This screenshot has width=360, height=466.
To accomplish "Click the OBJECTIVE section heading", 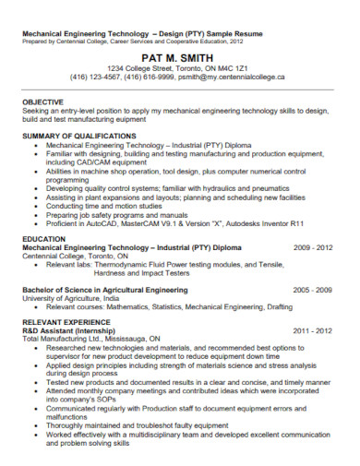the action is point(42,102).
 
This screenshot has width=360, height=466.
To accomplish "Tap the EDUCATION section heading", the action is point(43,238).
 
